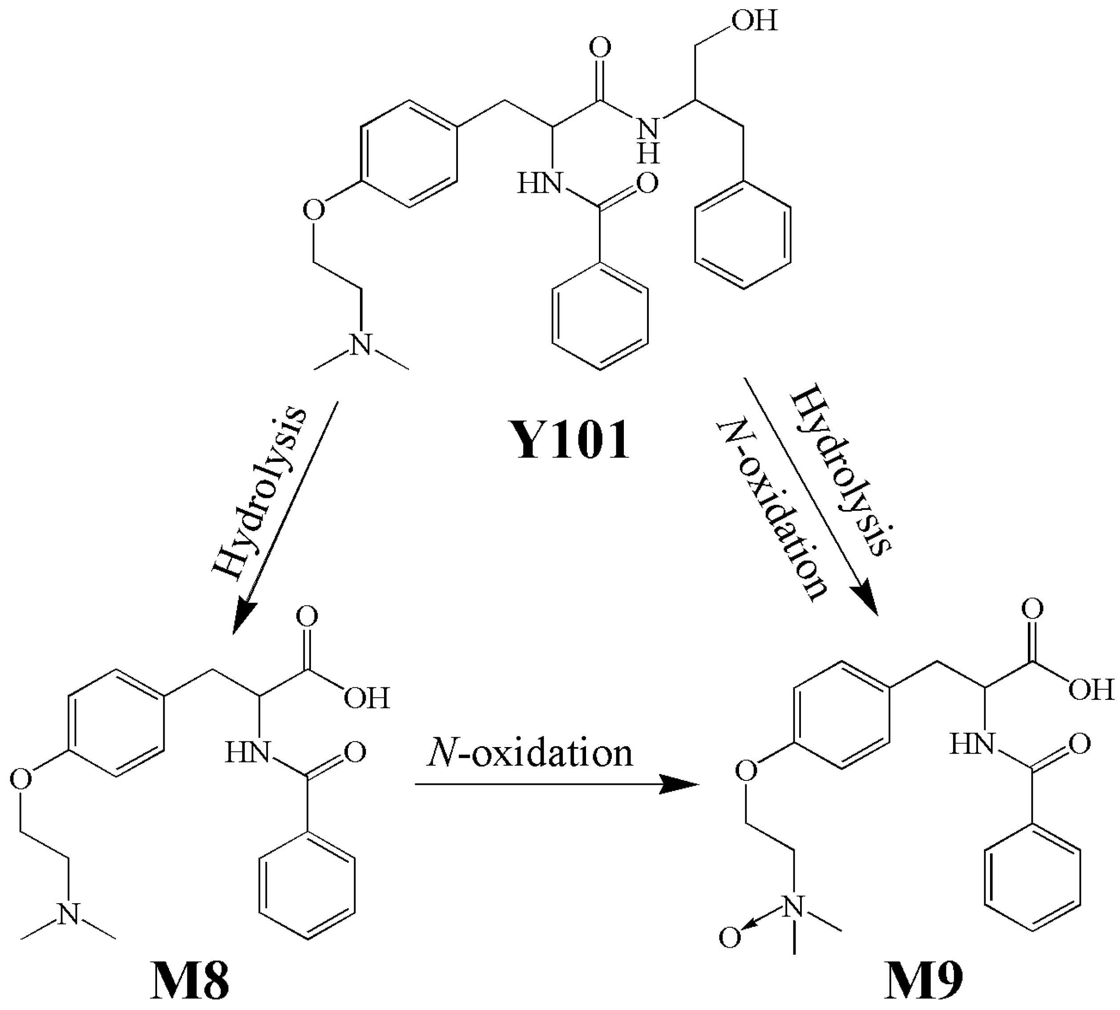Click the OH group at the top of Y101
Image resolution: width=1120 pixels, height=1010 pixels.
pyautogui.click(x=754, y=21)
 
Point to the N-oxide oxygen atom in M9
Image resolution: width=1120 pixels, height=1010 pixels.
pyautogui.click(x=729, y=938)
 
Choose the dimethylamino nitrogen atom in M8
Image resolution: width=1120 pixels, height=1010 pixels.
pyautogui.click(x=69, y=913)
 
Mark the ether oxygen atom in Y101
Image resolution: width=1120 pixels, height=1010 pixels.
pyautogui.click(x=314, y=211)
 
